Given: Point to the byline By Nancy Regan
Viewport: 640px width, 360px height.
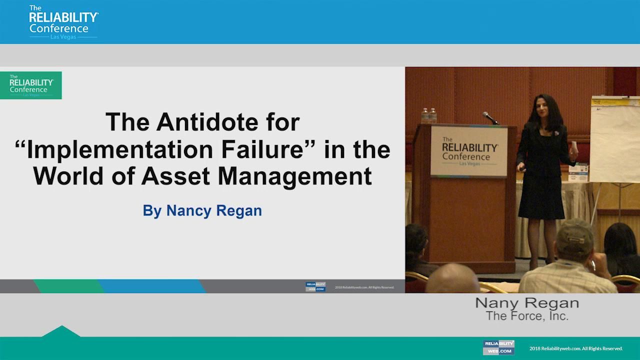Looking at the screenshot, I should [202, 210].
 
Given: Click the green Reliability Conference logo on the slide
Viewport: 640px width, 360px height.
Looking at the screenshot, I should [31, 85].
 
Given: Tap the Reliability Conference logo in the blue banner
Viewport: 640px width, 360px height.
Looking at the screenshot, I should [63, 22].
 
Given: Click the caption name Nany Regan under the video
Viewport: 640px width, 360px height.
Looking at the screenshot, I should [527, 303].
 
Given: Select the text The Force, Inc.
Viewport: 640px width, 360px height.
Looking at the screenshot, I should [527, 316].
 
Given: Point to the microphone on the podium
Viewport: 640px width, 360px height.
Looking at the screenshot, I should [490, 118].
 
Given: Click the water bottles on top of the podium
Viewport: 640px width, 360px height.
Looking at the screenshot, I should [428, 115].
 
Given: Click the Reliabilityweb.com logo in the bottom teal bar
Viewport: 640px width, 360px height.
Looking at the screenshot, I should [498, 347].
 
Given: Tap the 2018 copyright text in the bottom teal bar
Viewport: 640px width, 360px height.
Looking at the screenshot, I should [576, 348].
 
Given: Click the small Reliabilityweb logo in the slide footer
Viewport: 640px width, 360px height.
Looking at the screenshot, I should [315, 287].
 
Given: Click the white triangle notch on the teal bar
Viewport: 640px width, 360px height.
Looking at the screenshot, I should [61, 331].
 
